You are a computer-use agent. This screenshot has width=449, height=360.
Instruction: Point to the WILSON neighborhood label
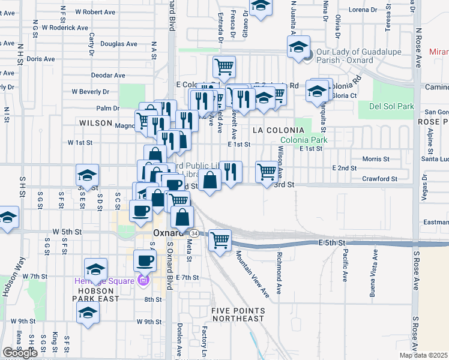click(95, 122)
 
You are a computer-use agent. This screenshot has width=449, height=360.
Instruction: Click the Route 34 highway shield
click(194, 232)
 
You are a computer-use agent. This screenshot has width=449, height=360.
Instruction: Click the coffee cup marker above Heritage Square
click(144, 262)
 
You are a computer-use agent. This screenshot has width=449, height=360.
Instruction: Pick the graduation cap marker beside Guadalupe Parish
click(298, 47)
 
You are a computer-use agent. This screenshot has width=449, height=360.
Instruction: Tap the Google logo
click(20, 353)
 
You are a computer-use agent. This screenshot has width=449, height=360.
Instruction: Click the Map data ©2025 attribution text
click(423, 355)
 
